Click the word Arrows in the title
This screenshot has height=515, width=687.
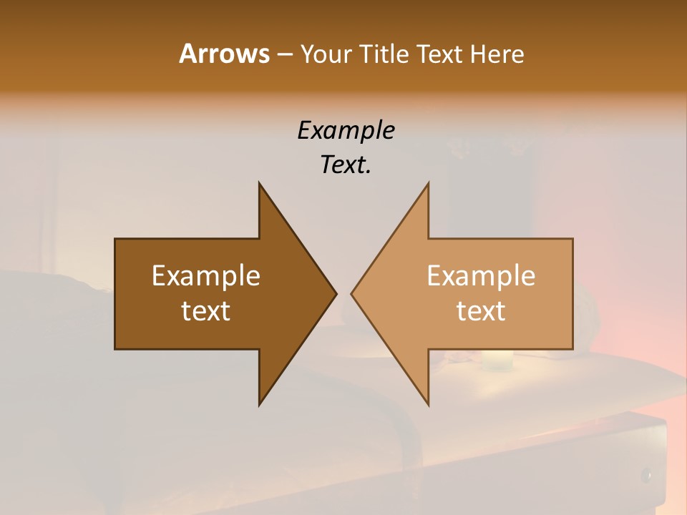(224, 54)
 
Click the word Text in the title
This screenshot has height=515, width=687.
(441, 54)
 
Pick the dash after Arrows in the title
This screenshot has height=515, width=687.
(284, 55)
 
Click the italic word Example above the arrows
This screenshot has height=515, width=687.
(346, 130)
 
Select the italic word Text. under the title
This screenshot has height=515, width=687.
(346, 165)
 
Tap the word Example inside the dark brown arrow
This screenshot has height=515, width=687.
(206, 276)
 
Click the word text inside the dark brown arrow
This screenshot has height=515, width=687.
(206, 311)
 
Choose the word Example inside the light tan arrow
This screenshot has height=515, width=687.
(481, 276)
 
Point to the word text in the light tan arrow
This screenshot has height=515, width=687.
(481, 311)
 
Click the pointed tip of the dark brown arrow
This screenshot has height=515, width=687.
(336, 293)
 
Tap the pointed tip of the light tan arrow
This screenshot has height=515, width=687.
(351, 293)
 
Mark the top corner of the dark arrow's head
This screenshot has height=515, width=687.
(260, 183)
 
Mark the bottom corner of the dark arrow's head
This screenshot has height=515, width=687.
(260, 404)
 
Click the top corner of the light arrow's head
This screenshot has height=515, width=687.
(428, 183)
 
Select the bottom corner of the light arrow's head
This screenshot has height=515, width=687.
(428, 404)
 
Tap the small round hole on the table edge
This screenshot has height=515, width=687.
(646, 474)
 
